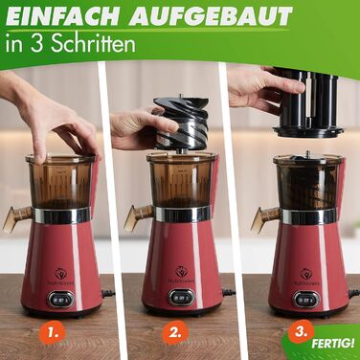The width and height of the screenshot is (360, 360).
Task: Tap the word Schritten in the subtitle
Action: pos(93,44)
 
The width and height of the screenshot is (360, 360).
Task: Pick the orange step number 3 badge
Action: pos(300,331)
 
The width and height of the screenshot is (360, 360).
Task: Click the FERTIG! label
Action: pos(333,344)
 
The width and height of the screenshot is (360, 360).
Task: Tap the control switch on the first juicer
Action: pos(60,299)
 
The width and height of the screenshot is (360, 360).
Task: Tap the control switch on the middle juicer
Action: pos(182,298)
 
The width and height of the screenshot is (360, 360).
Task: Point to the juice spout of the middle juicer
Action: pos(138,216)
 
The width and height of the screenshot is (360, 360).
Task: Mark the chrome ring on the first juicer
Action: pos(62,215)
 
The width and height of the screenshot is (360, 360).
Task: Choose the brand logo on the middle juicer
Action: pos(183,274)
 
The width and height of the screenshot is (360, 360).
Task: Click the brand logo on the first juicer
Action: pos(61,276)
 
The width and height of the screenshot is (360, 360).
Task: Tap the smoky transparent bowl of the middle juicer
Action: pos(181,181)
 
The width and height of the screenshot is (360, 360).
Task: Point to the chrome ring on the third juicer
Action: pos(309,216)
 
